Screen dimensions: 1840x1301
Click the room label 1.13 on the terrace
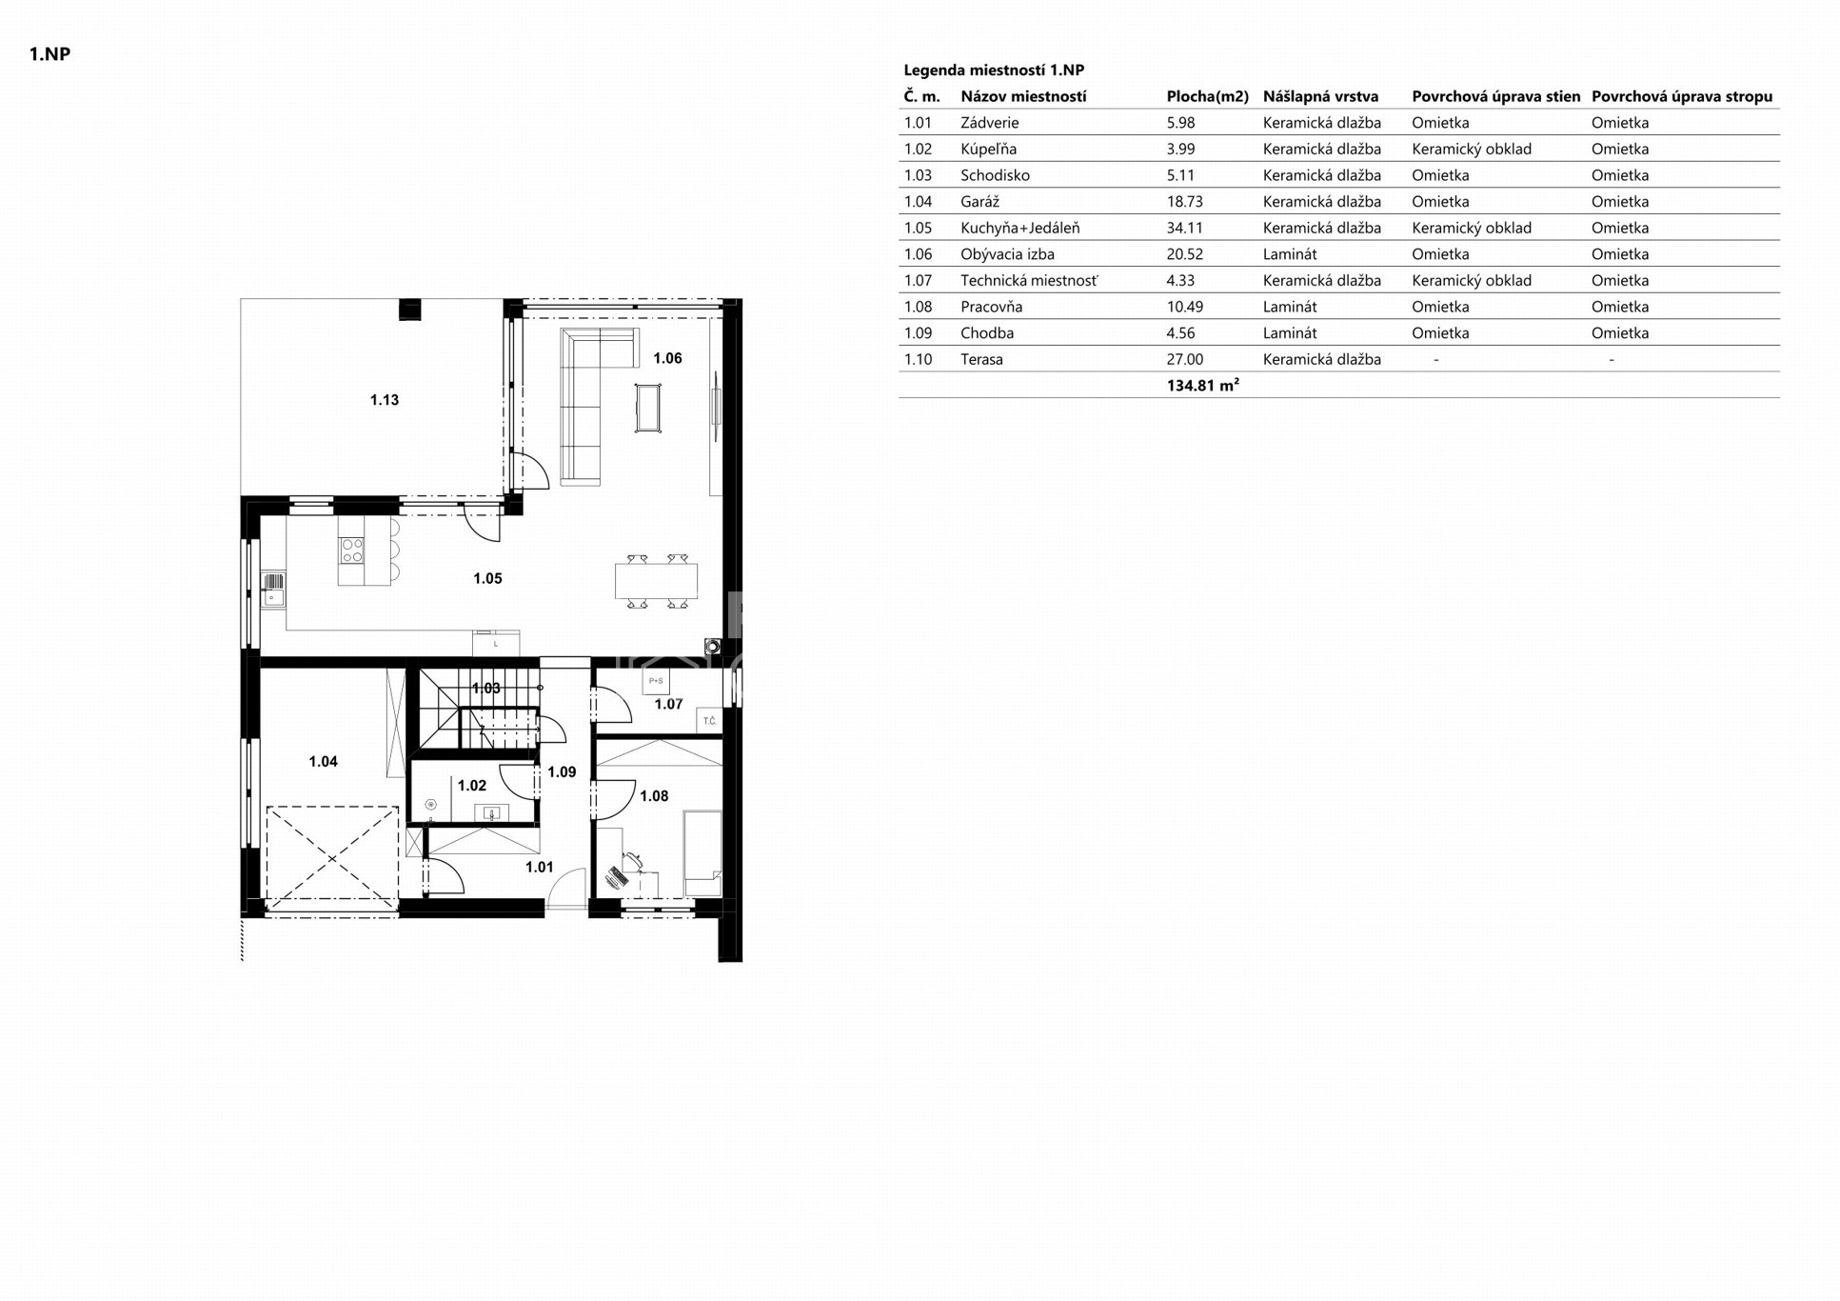tap(384, 400)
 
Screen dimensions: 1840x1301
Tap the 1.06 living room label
tap(667, 358)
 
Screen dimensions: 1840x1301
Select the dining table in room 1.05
tap(656, 581)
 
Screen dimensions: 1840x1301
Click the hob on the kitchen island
tap(352, 550)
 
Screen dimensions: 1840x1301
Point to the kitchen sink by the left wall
tap(273, 590)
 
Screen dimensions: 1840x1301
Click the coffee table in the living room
tap(648, 408)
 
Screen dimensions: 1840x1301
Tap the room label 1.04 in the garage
tap(323, 762)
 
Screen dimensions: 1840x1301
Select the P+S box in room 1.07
tap(656, 681)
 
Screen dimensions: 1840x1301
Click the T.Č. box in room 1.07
tap(709, 721)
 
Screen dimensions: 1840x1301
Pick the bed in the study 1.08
tap(702, 853)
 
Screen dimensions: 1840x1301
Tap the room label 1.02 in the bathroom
tap(471, 786)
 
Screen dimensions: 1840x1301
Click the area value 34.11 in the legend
tap(1184, 228)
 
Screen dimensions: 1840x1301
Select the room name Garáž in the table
tap(979, 201)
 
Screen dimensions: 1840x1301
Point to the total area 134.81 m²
tap(1202, 385)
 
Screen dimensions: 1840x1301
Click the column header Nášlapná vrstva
tap(1320, 96)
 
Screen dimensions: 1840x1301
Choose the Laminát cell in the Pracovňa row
tap(1290, 307)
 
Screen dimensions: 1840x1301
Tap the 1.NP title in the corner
tap(49, 53)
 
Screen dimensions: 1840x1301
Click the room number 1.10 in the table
tap(918, 359)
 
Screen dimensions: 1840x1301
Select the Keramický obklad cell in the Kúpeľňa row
tap(1472, 149)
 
